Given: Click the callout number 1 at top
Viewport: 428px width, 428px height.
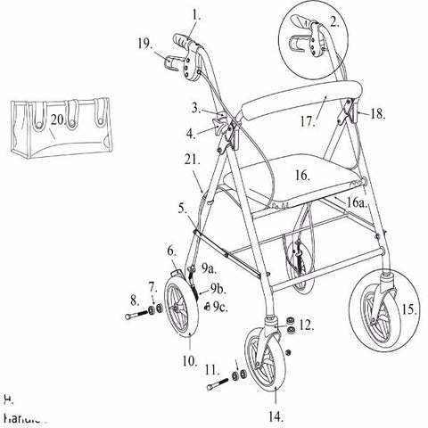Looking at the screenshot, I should coord(196,15).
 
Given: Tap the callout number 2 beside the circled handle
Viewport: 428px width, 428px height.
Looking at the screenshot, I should coord(335,22).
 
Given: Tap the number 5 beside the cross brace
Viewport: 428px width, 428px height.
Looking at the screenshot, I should coord(182,211).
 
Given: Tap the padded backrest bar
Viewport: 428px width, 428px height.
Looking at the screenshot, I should coord(303,103).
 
